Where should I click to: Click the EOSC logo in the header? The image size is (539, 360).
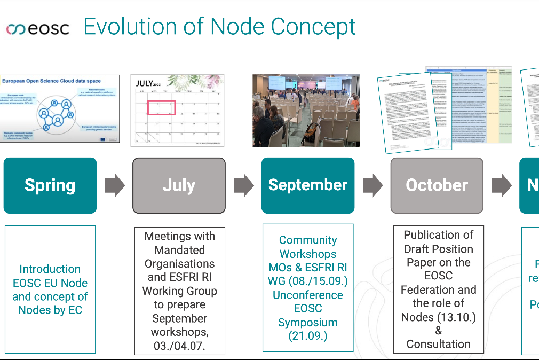point(37,28)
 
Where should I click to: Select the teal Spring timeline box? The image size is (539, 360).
point(50,185)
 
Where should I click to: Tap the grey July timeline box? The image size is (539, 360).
point(179,185)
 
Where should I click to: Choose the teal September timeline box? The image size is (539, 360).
point(308,185)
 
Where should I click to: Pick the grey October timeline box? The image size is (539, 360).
point(437,185)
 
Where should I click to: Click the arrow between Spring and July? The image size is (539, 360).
point(115,185)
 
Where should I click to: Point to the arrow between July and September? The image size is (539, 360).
point(244,185)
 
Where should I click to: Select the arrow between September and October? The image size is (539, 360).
point(372,185)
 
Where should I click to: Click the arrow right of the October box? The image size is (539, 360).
point(501,185)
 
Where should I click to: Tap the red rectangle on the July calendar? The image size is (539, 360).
point(162,108)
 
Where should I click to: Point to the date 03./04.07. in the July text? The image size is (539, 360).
point(179,346)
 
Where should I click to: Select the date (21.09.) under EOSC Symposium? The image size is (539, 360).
point(308,336)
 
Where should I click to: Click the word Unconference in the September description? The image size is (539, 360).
point(308,295)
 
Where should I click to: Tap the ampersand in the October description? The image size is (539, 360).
point(438,331)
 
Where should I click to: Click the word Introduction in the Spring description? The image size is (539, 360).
point(50,269)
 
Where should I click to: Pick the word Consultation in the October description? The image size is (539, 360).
point(438,344)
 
